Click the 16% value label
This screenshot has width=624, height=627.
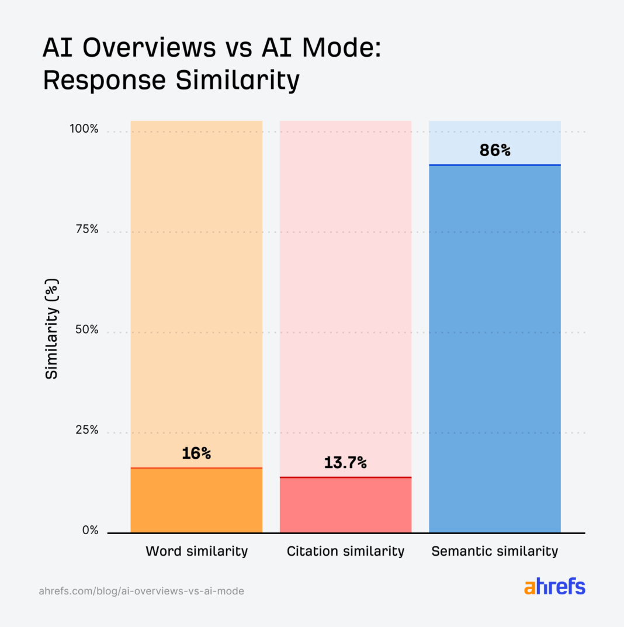(196, 453)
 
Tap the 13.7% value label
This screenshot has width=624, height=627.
(345, 463)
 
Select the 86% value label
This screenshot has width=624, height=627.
(495, 150)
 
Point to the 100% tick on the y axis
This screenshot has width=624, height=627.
(84, 129)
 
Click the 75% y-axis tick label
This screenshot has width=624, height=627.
(86, 230)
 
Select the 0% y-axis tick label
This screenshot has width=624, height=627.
(89, 531)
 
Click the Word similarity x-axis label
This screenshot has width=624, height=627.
(196, 551)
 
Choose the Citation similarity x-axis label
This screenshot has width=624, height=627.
(345, 551)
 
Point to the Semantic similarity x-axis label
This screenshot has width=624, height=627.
(495, 551)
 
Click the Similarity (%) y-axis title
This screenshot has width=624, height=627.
(52, 330)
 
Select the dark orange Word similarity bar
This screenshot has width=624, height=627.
(196, 501)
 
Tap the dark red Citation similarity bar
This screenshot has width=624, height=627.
(345, 505)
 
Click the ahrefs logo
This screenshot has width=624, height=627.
(554, 587)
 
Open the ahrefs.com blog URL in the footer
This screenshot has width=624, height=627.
(141, 591)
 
